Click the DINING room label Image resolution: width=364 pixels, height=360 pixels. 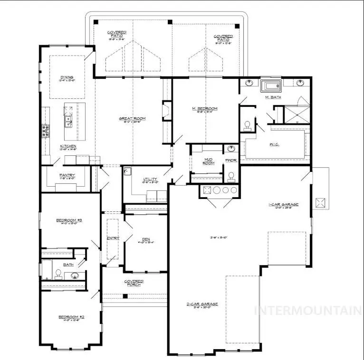(66, 77)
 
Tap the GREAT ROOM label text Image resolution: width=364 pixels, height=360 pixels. (132, 118)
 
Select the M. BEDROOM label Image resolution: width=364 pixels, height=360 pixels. (205, 109)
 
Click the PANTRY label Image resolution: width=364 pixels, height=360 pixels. (67, 175)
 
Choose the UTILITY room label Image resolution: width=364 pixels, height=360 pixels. (150, 179)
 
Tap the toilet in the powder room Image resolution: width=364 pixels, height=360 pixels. (231, 176)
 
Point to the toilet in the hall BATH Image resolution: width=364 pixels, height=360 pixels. (58, 274)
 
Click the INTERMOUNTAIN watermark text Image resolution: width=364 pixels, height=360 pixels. (308, 311)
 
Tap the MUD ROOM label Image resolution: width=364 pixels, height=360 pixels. (209, 161)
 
